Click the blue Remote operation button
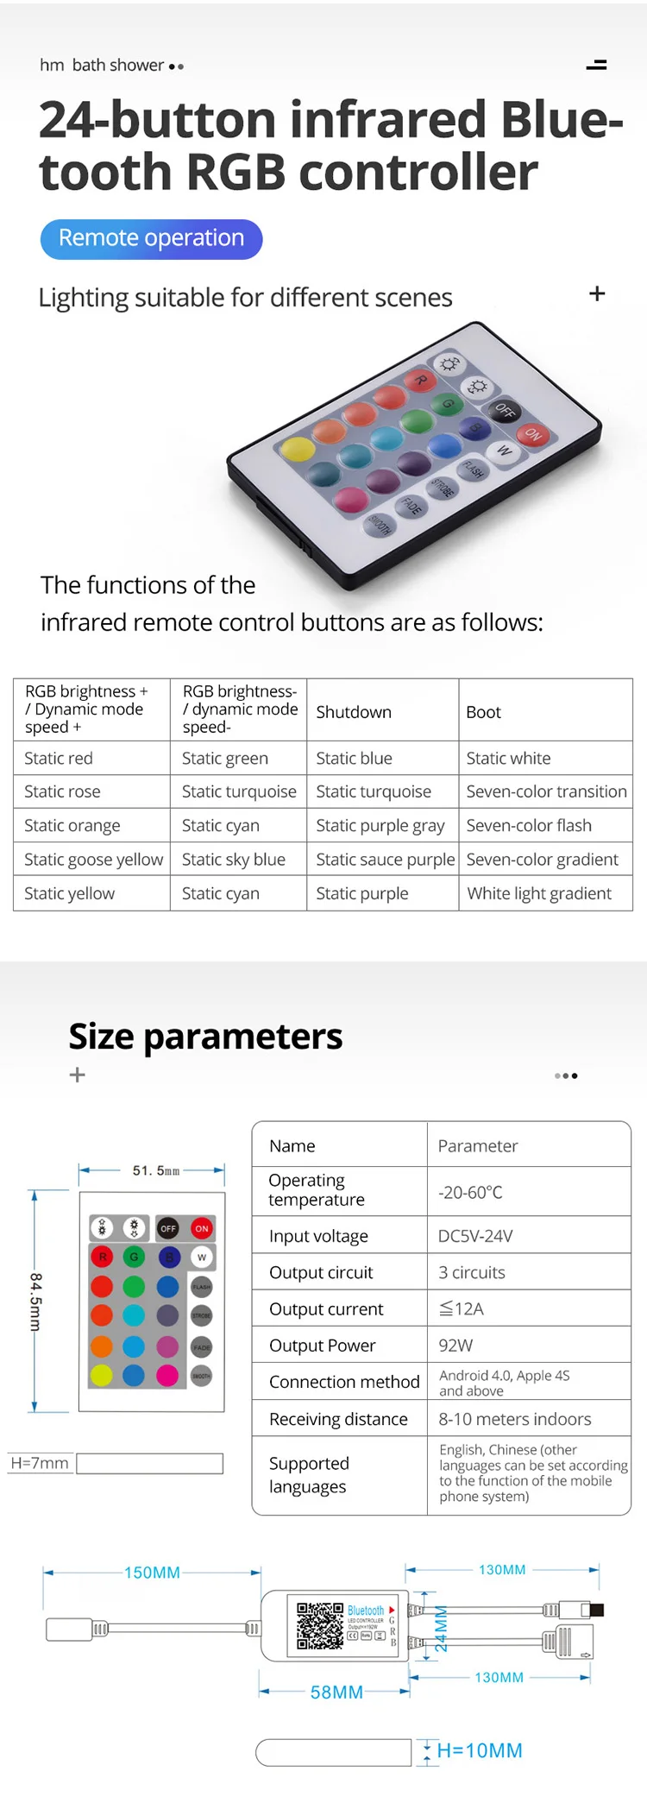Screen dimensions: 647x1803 151,239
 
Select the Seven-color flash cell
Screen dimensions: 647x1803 529,826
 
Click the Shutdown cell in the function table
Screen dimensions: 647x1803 354,712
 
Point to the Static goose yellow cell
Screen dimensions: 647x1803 93,860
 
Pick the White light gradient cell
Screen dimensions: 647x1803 539,893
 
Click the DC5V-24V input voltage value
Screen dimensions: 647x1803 475,1236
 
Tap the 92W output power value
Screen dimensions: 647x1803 455,1346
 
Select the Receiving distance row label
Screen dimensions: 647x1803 338,1419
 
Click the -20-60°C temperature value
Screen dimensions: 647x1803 470,1192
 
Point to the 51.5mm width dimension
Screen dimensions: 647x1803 156,1171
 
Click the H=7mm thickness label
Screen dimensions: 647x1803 40,1463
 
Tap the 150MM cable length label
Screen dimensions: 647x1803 152,1573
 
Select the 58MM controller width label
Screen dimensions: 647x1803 336,1693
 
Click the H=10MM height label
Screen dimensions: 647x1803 480,1750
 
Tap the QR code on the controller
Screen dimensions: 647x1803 320,1626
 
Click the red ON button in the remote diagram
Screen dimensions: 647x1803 202,1228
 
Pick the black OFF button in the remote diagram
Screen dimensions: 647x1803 168,1228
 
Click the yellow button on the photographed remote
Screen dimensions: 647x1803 297,449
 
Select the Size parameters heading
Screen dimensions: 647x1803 205,1037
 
